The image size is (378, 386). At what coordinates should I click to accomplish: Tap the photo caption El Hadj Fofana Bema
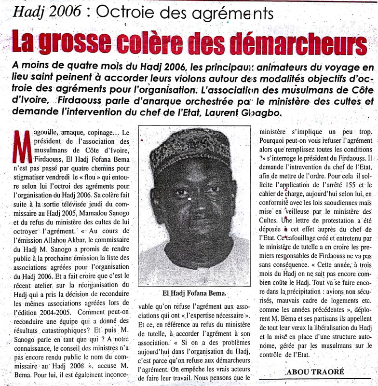pos(194,292)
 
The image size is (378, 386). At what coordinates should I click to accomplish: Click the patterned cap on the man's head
pos(189,151)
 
